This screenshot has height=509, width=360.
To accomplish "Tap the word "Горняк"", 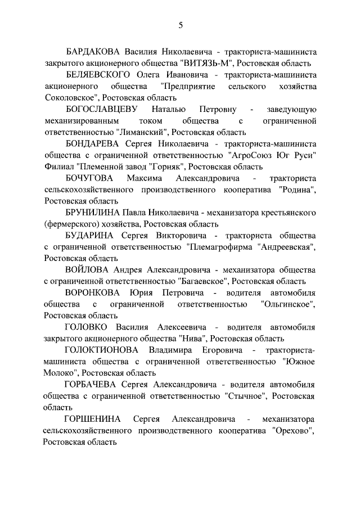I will [x=167, y=168].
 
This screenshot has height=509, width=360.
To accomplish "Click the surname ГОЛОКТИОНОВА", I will [x=102, y=352].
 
